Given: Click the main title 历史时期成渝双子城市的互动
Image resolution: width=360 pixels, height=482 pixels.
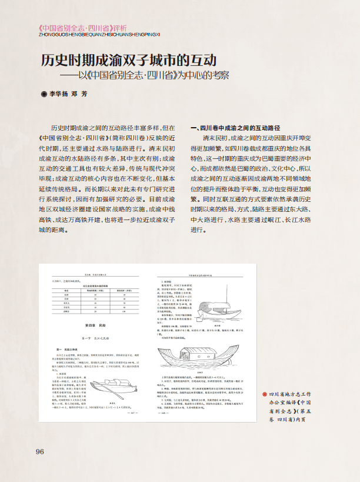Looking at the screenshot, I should (129, 61).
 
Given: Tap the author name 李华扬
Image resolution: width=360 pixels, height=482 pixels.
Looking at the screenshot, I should (59, 94).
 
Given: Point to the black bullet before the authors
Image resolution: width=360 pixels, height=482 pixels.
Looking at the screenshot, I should (43, 94).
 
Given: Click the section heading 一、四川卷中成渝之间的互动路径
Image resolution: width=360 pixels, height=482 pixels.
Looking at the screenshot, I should (235, 128).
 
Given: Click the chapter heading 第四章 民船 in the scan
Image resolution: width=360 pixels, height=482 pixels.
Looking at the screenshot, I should (88, 325).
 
